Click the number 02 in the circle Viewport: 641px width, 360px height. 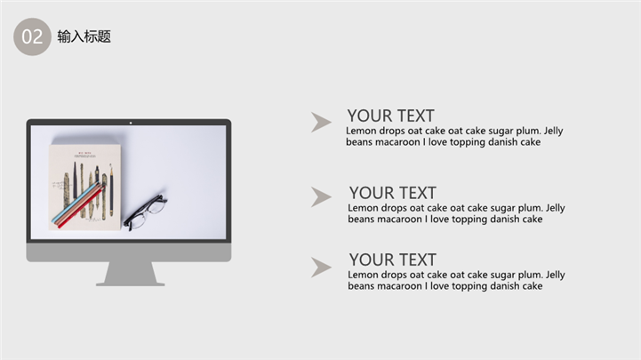32,36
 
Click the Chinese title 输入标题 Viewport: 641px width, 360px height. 84,36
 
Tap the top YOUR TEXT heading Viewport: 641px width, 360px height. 391,116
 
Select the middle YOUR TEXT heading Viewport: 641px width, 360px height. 393,193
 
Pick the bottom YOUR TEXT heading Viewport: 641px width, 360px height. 393,260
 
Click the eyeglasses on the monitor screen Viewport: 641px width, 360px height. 146,212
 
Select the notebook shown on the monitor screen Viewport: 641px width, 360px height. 85,188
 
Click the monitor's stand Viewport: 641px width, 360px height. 131,274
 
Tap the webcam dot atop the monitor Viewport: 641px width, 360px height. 131,123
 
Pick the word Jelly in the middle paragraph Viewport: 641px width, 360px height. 555,208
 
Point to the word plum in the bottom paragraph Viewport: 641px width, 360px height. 531,275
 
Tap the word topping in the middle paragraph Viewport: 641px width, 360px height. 469,220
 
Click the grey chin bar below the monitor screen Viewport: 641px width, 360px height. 129,252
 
